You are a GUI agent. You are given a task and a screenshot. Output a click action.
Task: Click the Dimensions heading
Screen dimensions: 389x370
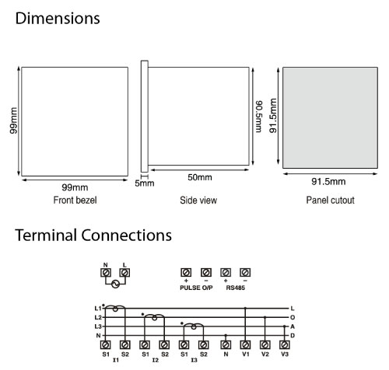(58, 19)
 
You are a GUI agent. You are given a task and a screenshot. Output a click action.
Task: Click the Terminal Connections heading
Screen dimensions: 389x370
(93, 236)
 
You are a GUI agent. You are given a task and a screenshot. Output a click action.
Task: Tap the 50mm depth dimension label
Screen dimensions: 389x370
(200, 177)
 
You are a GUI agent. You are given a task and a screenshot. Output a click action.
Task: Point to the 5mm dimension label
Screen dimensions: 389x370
(145, 183)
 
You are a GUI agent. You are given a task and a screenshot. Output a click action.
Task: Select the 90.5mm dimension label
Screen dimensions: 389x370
(259, 117)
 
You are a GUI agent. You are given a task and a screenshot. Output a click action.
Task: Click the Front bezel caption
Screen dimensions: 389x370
(75, 200)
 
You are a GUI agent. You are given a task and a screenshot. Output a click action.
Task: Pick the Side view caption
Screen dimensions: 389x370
(198, 200)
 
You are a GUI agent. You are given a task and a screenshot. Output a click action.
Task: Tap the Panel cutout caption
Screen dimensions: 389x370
(330, 200)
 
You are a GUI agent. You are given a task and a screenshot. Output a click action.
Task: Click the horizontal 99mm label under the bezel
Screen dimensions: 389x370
(75, 187)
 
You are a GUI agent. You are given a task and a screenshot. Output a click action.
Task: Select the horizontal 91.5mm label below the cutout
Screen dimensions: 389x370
(328, 181)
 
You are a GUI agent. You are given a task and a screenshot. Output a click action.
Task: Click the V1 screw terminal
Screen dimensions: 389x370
(245, 345)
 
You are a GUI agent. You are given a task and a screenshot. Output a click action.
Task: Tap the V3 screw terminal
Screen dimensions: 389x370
(285, 345)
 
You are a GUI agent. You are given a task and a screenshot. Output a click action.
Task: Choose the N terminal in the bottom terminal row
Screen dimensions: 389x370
(226, 345)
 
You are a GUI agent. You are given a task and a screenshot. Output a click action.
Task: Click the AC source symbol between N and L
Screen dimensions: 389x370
(115, 284)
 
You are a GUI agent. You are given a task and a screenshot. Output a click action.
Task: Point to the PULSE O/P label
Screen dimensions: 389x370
(196, 288)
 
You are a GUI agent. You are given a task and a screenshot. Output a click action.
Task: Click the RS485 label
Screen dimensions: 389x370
(236, 288)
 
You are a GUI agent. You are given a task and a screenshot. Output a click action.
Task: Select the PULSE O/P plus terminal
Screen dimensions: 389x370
(186, 273)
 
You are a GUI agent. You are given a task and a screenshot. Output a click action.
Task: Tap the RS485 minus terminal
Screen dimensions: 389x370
(245, 273)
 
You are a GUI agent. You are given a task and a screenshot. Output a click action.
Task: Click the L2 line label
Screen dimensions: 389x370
(98, 317)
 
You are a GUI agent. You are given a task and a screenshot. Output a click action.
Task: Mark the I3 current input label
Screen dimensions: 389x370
(194, 360)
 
